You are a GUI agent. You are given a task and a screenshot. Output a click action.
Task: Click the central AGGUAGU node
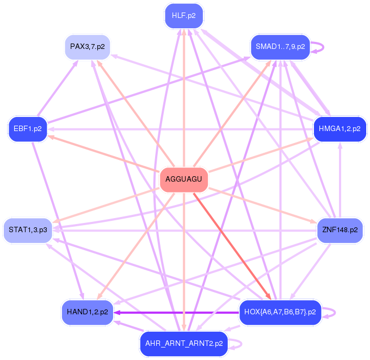tap(184, 179)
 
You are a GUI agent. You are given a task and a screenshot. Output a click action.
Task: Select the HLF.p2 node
tap(184, 15)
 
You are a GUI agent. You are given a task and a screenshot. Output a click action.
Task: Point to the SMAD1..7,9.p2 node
tap(280, 47)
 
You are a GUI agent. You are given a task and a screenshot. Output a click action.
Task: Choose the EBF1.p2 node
tap(28, 129)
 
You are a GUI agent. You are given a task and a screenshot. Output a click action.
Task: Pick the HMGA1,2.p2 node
tap(340, 129)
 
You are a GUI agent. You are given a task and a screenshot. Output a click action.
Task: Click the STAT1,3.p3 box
tap(28, 230)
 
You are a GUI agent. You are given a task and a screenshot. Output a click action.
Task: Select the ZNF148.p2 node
tap(340, 230)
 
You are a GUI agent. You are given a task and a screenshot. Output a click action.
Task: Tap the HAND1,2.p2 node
tap(88, 312)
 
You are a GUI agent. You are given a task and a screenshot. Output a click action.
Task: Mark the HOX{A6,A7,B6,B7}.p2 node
tap(280, 312)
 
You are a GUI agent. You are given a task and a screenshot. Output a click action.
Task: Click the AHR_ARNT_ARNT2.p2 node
tap(184, 344)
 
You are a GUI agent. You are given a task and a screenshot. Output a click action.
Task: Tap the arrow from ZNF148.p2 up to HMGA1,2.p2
tap(340, 179)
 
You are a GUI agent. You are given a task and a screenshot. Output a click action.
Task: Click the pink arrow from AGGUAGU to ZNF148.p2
tap(261, 205)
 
